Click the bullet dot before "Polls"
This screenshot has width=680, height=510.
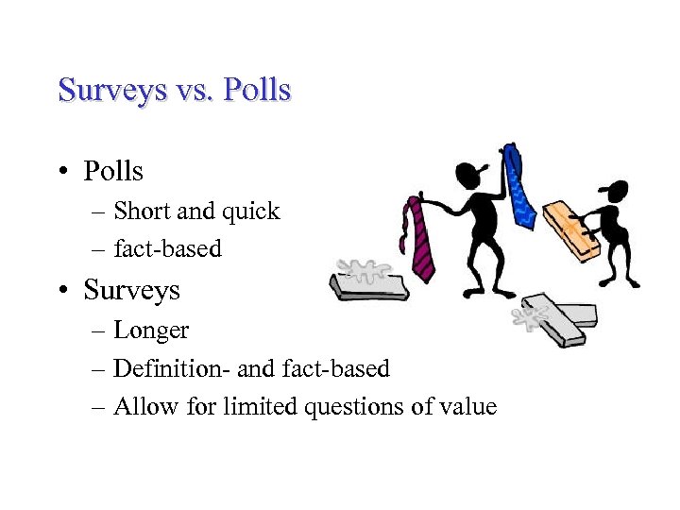point(63,172)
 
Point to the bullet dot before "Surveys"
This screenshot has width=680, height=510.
point(63,290)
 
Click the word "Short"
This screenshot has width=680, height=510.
point(142,211)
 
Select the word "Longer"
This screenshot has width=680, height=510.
point(151,331)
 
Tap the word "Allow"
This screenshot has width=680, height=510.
point(141,406)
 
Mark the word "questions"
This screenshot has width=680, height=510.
point(351,407)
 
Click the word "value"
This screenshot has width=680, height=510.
point(467,406)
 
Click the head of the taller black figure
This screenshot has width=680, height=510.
point(469,175)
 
